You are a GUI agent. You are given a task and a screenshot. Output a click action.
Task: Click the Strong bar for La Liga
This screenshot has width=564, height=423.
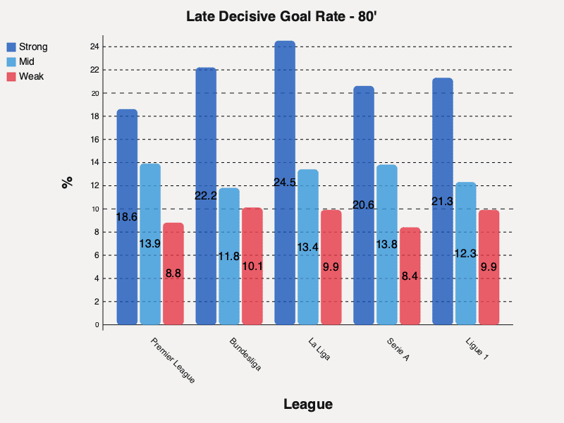(285, 183)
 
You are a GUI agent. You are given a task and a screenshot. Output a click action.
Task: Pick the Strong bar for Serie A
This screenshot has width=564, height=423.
(364, 205)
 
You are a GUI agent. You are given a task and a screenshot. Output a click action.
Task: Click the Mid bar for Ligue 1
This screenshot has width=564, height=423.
(466, 253)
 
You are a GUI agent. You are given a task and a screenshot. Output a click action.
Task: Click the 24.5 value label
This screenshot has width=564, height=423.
(285, 183)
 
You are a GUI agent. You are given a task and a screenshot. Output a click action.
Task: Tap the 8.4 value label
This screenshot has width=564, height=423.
(410, 276)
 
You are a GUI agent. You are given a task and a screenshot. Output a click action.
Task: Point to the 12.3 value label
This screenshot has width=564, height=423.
(466, 254)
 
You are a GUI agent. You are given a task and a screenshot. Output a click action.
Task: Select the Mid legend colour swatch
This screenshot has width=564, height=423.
(12, 62)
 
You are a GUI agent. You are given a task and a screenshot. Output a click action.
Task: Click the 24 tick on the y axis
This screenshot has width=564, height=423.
(94, 47)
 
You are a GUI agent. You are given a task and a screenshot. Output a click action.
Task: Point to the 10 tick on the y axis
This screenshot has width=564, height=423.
(94, 209)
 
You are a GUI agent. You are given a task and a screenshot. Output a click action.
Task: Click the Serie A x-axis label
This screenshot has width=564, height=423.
(398, 350)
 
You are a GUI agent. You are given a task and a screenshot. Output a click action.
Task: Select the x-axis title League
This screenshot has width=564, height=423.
(307, 405)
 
